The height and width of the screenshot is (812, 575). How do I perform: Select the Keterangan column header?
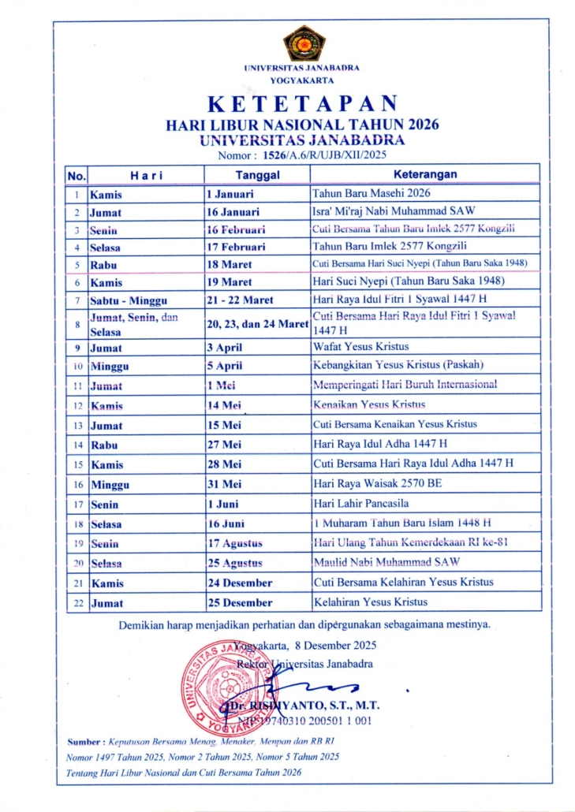tap(426, 174)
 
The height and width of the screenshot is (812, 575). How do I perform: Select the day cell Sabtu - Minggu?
tap(129, 300)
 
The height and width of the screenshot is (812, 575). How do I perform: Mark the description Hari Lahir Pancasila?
tap(359, 503)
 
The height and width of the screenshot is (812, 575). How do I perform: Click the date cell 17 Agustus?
tap(234, 544)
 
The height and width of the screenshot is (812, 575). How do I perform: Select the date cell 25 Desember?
tap(240, 602)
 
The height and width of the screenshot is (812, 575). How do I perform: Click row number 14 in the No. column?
tap(77, 444)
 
